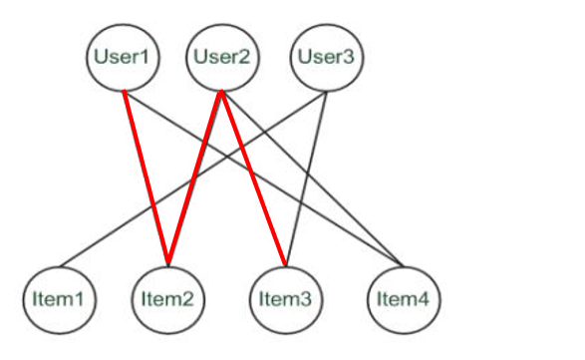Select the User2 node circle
222,56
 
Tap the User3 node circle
327,56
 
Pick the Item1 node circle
61,297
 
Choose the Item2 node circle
167,297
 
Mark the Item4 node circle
403,297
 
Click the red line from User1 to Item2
145,178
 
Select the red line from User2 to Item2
195,178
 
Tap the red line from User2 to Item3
253,178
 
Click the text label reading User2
222,56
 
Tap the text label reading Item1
61,297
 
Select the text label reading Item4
403,297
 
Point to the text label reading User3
327,56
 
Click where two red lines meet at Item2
167,265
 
